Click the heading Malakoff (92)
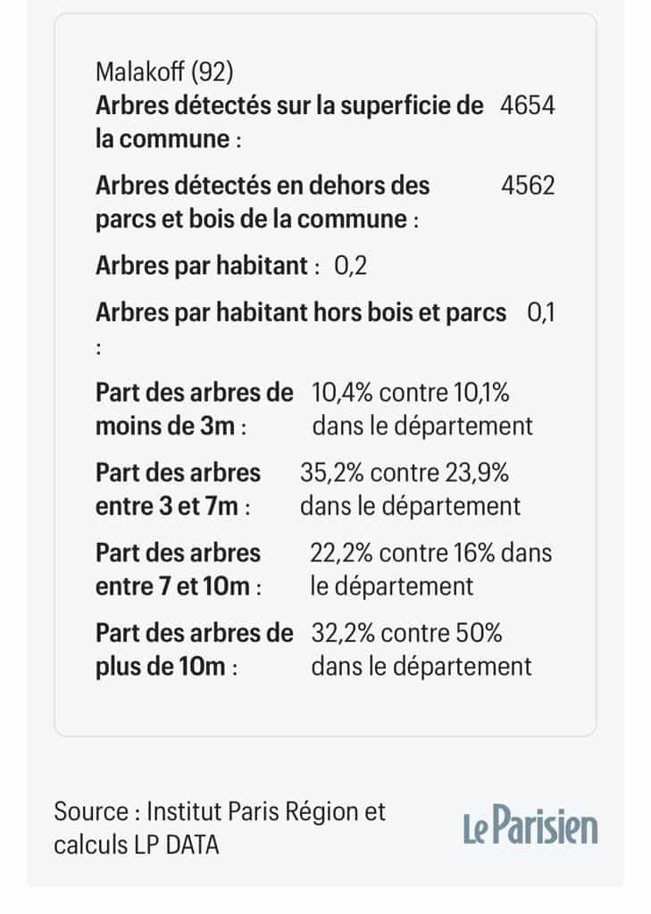[164, 71]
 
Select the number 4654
[529, 105]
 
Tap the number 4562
[529, 185]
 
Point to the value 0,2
[351, 266]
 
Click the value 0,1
[541, 313]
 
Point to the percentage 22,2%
[341, 553]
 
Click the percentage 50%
[479, 633]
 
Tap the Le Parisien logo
[530, 826]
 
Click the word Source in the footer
[90, 811]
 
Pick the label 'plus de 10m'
[160, 667]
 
